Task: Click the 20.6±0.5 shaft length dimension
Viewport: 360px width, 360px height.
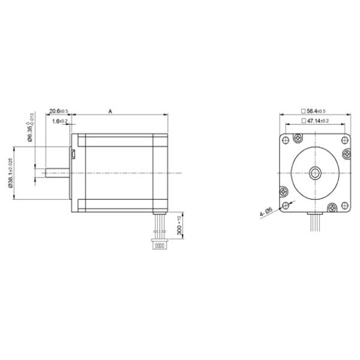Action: (58, 111)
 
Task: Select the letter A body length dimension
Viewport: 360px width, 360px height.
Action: (110, 111)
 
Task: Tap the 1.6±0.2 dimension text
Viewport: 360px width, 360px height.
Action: (60, 121)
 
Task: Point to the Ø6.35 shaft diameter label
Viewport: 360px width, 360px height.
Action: (30, 131)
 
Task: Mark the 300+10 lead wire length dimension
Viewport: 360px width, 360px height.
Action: (179, 229)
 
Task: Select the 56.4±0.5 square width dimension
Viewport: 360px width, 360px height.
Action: (314, 111)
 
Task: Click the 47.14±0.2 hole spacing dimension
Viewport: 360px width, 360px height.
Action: (314, 121)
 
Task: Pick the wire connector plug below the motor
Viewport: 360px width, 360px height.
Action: (158, 244)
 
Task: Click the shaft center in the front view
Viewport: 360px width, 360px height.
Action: (315, 173)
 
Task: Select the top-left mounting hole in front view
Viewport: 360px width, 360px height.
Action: (286, 139)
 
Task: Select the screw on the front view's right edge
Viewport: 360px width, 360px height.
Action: (347, 155)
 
